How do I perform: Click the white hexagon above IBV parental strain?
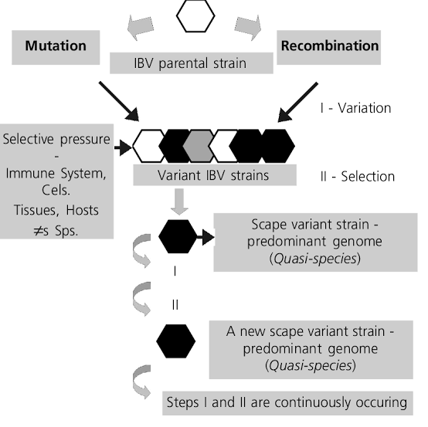196,17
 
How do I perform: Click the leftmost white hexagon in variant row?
150,144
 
